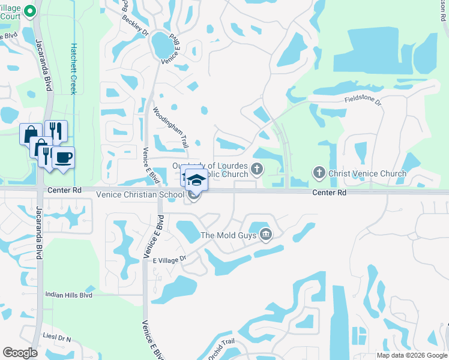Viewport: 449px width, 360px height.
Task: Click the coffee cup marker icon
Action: pos(63,157)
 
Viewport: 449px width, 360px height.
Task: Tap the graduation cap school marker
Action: pos(196,179)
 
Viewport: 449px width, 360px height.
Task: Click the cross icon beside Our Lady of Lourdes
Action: pos(256,169)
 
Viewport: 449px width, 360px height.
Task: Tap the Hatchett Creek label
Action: pos(74,68)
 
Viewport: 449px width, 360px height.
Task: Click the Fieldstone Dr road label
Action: pos(363,102)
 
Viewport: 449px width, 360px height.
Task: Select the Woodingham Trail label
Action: pos(170,124)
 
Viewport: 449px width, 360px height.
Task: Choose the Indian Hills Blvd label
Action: pos(69,295)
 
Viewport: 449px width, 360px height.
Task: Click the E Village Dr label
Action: pos(170,259)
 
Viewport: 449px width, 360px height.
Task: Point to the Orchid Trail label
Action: pos(220,349)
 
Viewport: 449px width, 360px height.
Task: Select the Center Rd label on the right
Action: pos(329,193)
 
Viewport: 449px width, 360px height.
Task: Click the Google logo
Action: pos(20,353)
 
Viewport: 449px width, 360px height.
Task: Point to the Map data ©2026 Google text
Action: pos(412,355)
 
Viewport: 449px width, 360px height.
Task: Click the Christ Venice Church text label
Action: pos(367,174)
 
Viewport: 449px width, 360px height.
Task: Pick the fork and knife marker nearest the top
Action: pos(56,131)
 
